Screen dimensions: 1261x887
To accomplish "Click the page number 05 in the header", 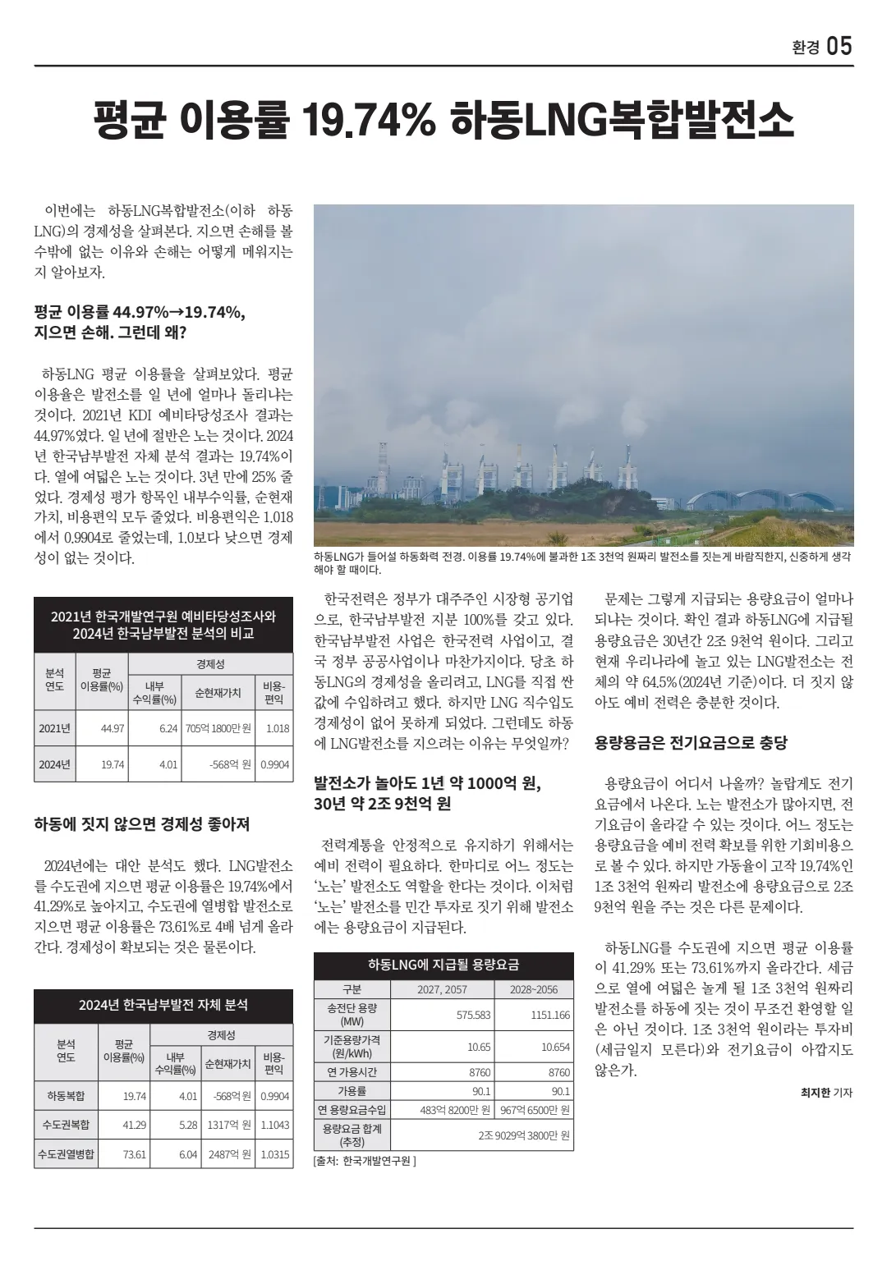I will click(x=839, y=46).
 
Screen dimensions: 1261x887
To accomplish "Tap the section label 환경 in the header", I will click(x=805, y=48).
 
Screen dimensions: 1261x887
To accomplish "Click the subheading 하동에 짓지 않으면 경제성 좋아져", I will click(x=142, y=824).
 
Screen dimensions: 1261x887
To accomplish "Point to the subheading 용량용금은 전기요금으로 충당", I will click(x=691, y=743).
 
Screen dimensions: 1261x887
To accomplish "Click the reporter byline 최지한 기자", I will click(x=826, y=1093).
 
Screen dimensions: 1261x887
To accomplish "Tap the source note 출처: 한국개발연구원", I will click(x=365, y=1162).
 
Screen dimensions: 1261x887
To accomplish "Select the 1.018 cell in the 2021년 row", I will click(x=278, y=728).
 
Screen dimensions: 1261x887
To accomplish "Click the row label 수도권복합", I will click(x=66, y=1125).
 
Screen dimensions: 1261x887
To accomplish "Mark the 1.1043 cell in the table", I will click(x=274, y=1125).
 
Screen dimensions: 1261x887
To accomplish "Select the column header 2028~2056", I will click(x=533, y=989).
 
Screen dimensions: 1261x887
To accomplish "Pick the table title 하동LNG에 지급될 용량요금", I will click(x=443, y=964).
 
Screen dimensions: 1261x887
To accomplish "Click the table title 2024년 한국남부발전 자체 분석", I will click(x=163, y=1005).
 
